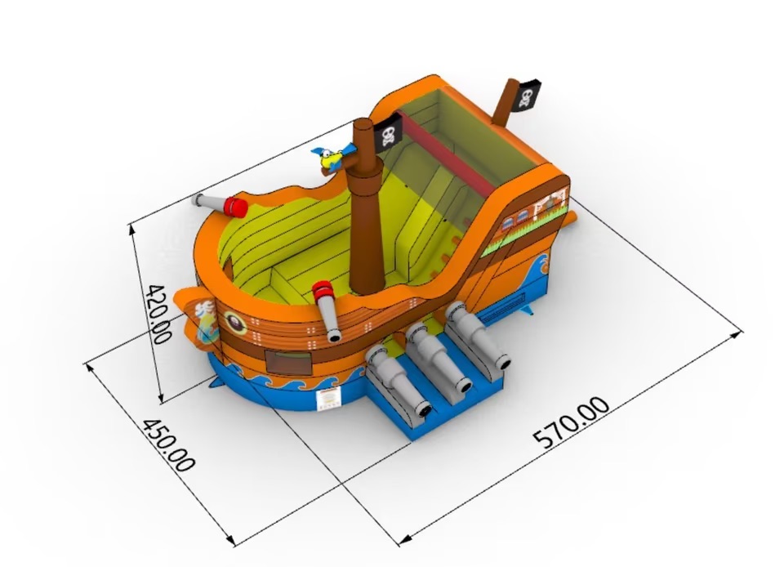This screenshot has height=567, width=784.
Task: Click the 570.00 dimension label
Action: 572,422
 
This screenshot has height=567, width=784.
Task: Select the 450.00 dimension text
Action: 168,445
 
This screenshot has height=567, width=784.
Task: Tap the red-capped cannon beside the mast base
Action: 327,310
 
